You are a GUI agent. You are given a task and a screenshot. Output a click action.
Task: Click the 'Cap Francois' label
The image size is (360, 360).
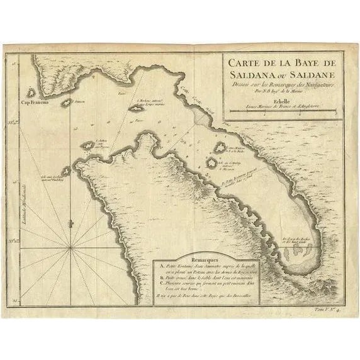click(x=36, y=103)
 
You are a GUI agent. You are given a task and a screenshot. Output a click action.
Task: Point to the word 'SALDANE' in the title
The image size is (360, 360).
click(x=309, y=74)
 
